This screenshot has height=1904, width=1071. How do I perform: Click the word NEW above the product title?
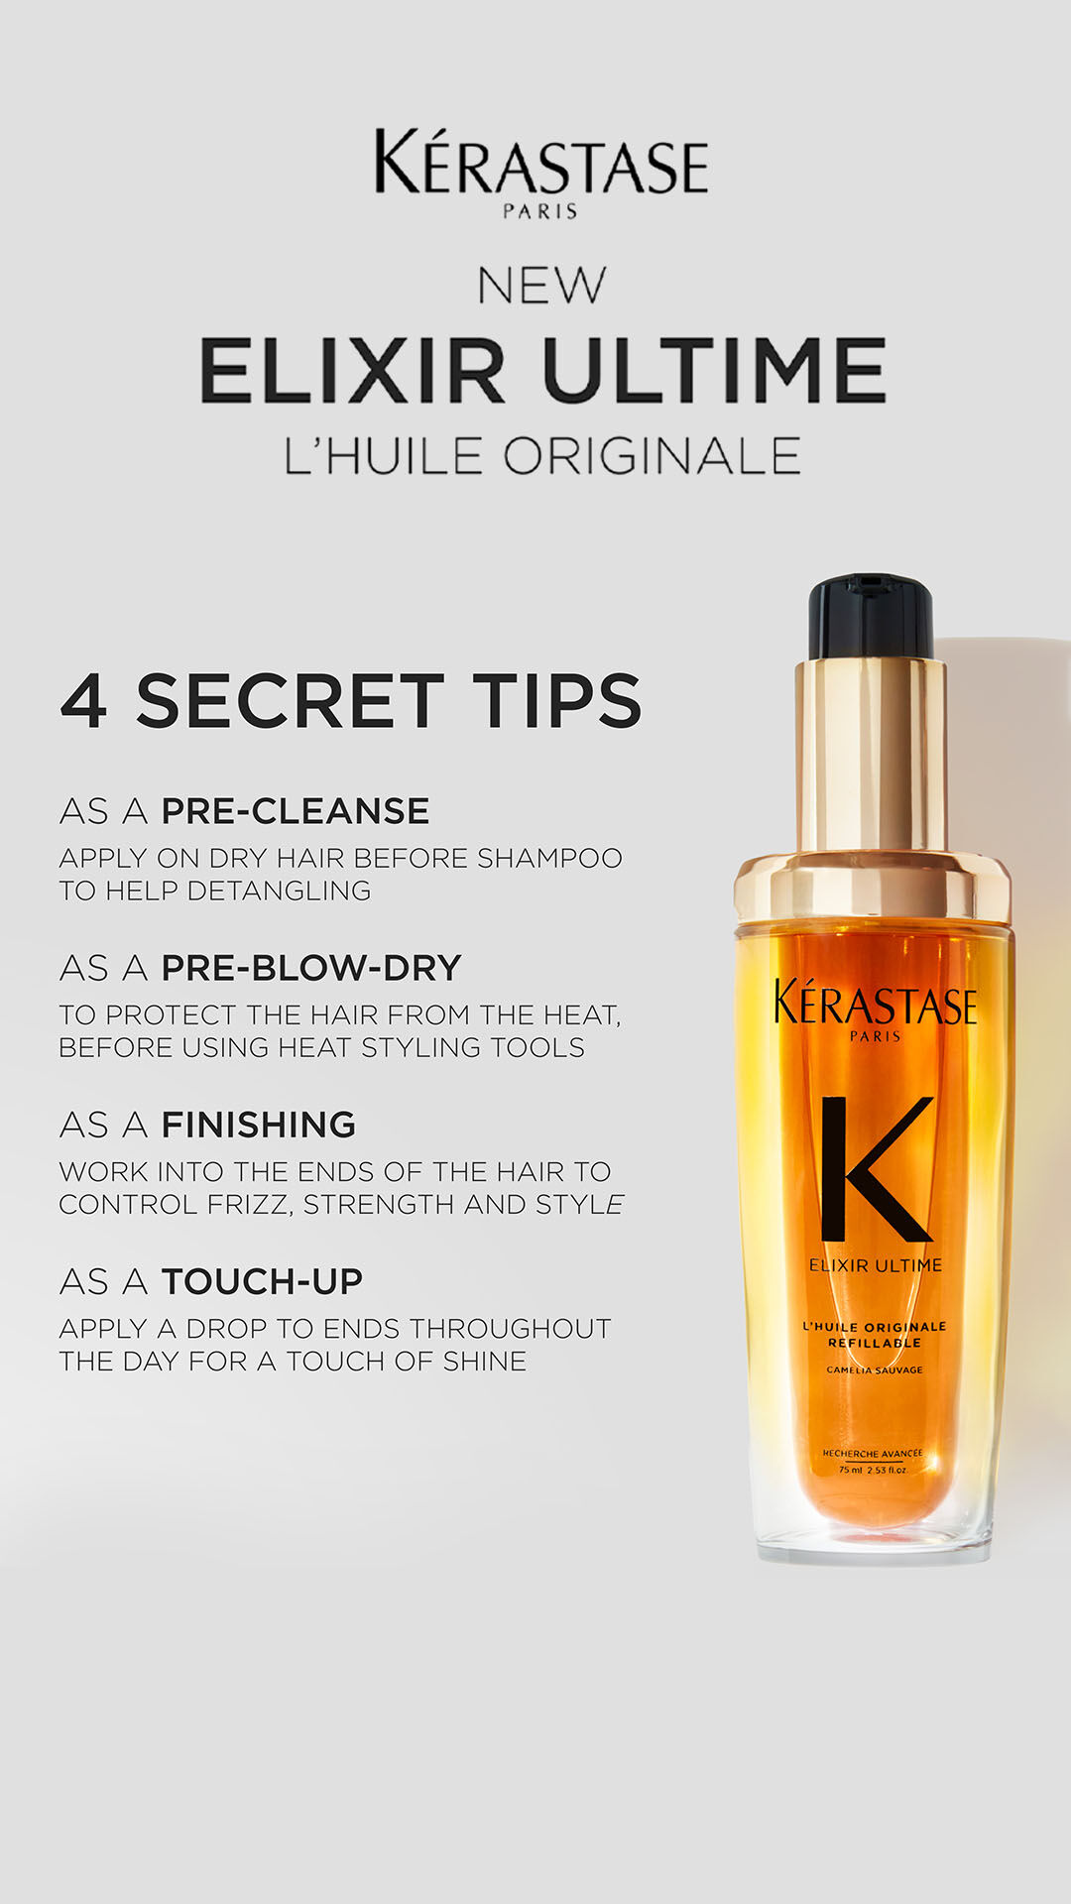(x=540, y=286)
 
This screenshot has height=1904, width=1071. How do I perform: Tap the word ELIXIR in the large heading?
(x=353, y=370)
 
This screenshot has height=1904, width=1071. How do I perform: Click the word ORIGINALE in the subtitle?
(x=652, y=456)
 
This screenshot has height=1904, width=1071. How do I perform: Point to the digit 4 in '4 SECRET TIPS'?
(x=83, y=700)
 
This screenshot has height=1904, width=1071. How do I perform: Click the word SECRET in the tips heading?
(x=290, y=700)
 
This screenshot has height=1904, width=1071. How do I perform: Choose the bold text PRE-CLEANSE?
(x=296, y=811)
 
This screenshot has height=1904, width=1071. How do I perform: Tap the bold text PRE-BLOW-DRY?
(x=311, y=968)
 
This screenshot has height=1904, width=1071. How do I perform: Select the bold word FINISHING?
(x=258, y=1125)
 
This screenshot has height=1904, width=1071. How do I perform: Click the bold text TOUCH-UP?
(x=262, y=1281)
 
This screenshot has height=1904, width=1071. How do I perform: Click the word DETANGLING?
(x=279, y=891)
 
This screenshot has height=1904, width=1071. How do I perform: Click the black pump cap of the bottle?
(x=871, y=617)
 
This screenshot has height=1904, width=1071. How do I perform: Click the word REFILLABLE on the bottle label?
(x=875, y=1343)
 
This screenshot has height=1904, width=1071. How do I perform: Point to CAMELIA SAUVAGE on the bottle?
(x=875, y=1369)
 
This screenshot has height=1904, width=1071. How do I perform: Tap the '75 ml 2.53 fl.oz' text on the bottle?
(x=873, y=1470)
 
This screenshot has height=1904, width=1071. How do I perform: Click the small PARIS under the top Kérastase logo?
(x=540, y=211)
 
